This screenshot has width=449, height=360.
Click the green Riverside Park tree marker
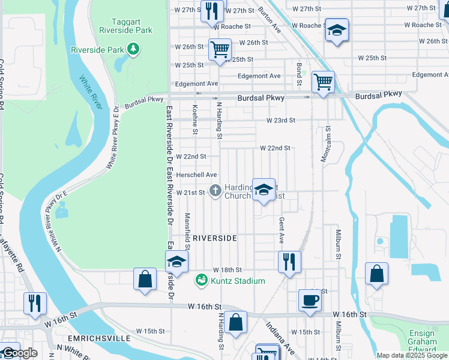(x=133, y=50)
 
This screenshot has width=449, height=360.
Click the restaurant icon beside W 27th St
(x=212, y=11)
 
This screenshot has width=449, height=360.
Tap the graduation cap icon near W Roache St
(x=337, y=29)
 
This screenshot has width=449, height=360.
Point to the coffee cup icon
(x=310, y=300)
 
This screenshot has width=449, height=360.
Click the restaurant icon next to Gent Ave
(x=289, y=262)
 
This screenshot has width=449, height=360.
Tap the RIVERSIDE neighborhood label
(x=215, y=238)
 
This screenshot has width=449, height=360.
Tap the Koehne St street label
(x=196, y=115)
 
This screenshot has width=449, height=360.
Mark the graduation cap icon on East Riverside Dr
(x=177, y=262)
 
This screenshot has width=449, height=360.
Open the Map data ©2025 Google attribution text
(x=412, y=355)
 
